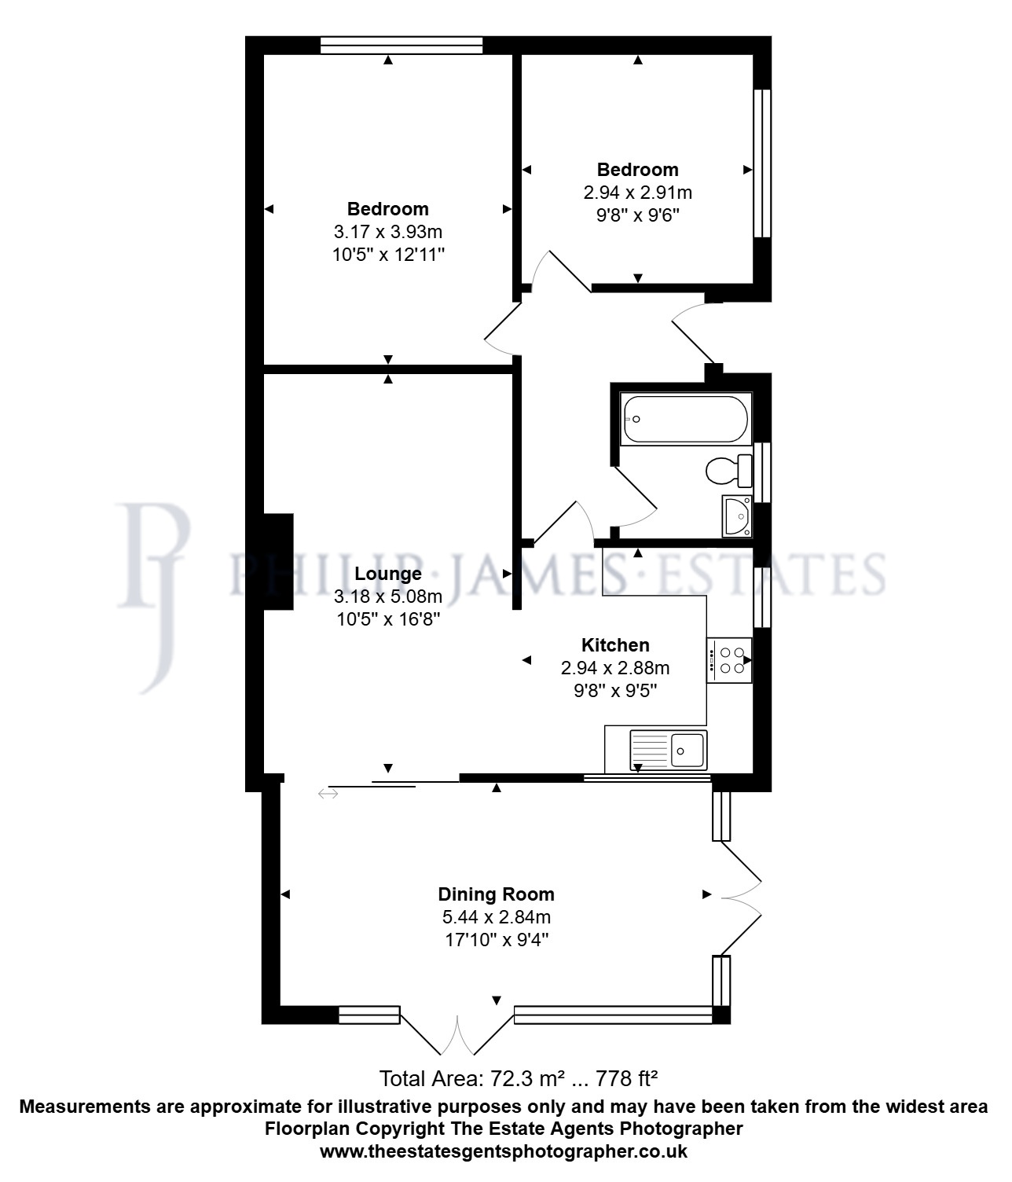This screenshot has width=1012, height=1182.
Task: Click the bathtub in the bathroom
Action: coord(685,419)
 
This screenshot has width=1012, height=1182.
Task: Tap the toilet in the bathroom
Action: coord(729,471)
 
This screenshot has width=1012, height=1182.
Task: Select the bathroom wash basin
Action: coord(736,516)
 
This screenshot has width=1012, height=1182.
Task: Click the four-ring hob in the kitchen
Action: coord(729,660)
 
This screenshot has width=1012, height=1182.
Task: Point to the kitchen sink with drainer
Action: coord(669,751)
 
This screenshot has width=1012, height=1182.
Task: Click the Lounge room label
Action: coord(388,574)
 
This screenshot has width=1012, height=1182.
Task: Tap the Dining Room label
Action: coord(497,894)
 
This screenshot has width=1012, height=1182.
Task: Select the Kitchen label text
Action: coord(615,645)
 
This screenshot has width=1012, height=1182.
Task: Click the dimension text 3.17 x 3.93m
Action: coord(388,232)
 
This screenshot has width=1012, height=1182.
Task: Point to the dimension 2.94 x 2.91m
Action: coord(637,192)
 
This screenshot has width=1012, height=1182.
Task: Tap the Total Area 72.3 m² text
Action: coord(472,1079)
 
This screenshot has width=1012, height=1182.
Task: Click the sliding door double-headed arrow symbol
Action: coord(328,793)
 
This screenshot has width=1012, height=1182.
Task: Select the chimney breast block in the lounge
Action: coord(278,562)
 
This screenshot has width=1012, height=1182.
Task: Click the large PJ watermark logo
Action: coord(153,597)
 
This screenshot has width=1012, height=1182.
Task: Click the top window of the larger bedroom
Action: coord(401,46)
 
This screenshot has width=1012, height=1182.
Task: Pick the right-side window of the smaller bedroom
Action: coord(762,163)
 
